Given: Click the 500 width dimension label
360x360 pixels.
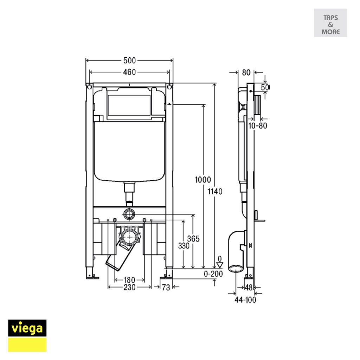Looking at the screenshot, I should coord(129,60).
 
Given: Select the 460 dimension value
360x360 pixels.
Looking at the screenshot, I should coord(129,72).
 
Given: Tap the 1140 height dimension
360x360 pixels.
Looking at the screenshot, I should coord(215,192).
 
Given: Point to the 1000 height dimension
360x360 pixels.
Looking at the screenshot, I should coord(203,180).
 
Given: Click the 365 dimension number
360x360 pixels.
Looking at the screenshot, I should coord(193,239).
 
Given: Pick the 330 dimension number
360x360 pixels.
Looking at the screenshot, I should coord(184,246).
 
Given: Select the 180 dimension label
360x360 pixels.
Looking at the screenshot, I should coord(129,280).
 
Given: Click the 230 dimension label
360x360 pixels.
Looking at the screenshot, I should coord(129,287).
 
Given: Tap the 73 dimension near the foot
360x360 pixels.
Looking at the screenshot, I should coord(166,287).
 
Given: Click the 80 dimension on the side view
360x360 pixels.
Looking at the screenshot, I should coord(246,73).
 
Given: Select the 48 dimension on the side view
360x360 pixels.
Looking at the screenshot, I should coord(249,288).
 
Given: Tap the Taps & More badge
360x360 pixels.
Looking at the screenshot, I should coord(330,23).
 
